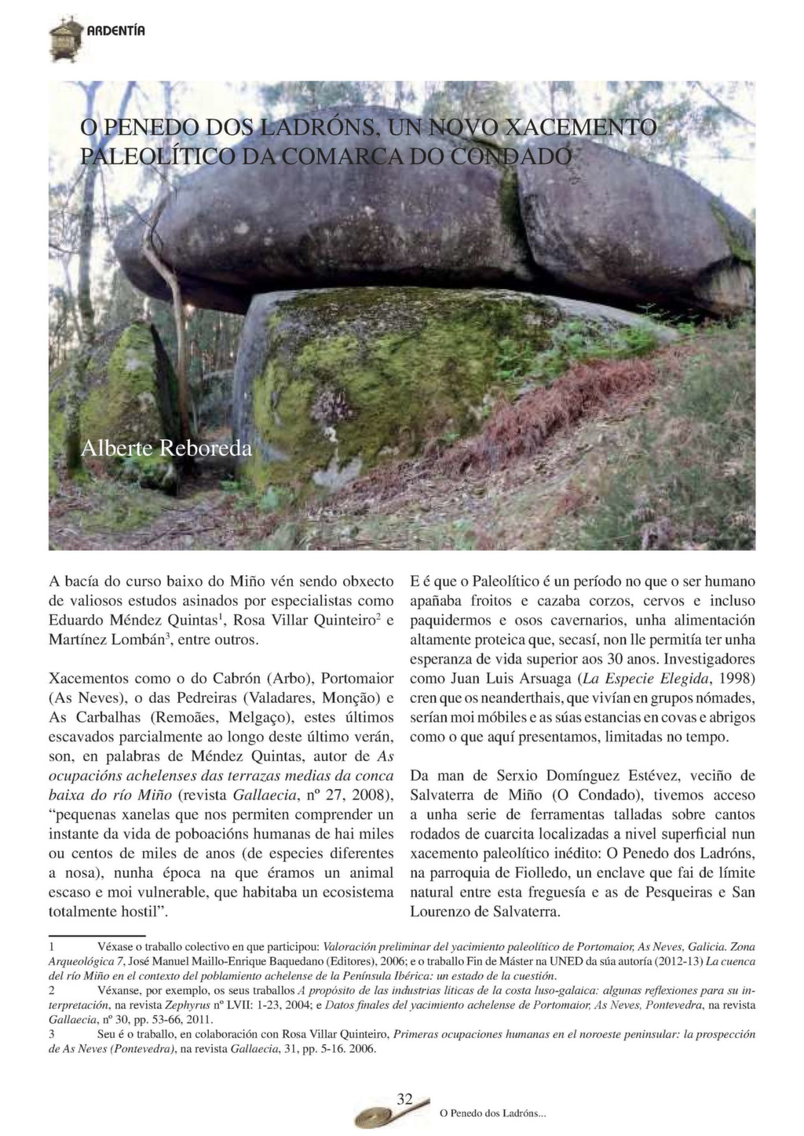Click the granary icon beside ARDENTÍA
pos(64,38)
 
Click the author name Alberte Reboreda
pos(167,449)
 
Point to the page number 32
pos(405,1099)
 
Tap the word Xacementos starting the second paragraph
pos(88,678)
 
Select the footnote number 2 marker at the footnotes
pos(52,991)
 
